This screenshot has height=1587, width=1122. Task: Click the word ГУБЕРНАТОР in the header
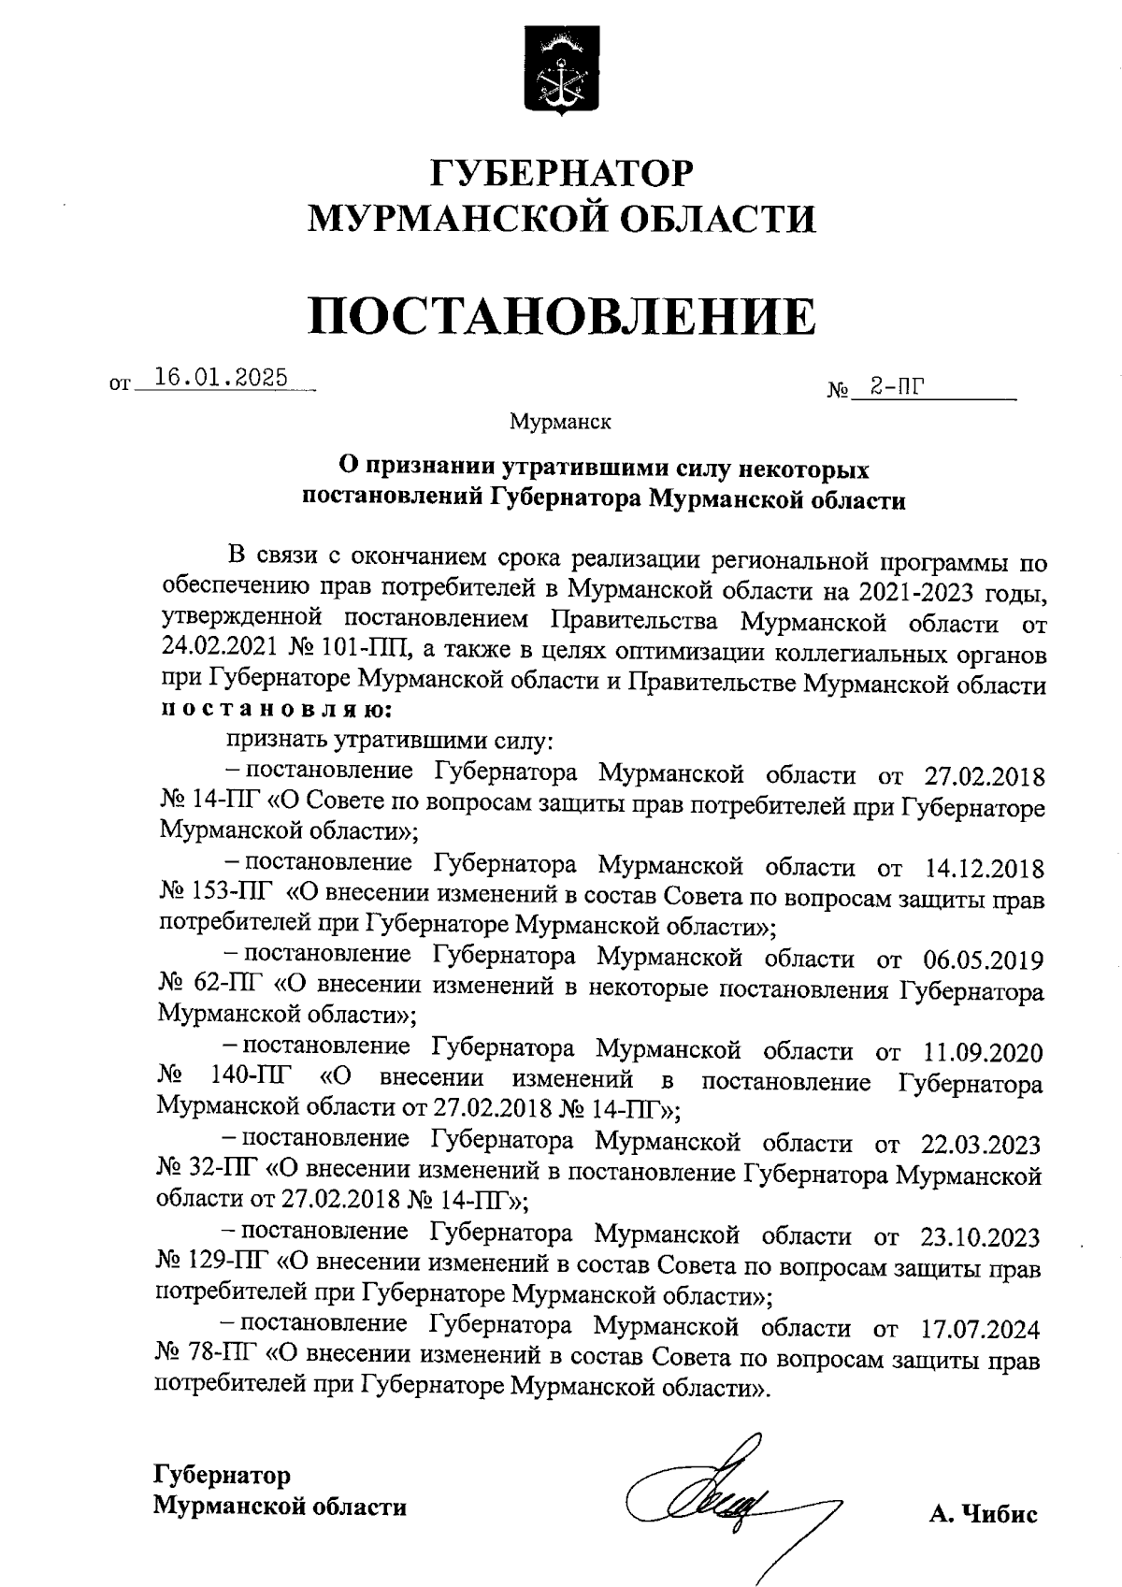coord(562,174)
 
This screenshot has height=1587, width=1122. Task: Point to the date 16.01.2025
coord(221,378)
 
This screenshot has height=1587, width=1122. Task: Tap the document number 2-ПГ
coord(892,386)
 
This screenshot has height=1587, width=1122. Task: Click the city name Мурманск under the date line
coord(560,423)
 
